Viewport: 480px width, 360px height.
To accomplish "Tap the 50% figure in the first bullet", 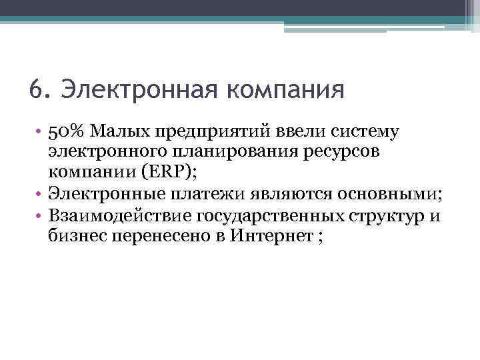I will pos(65,131).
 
